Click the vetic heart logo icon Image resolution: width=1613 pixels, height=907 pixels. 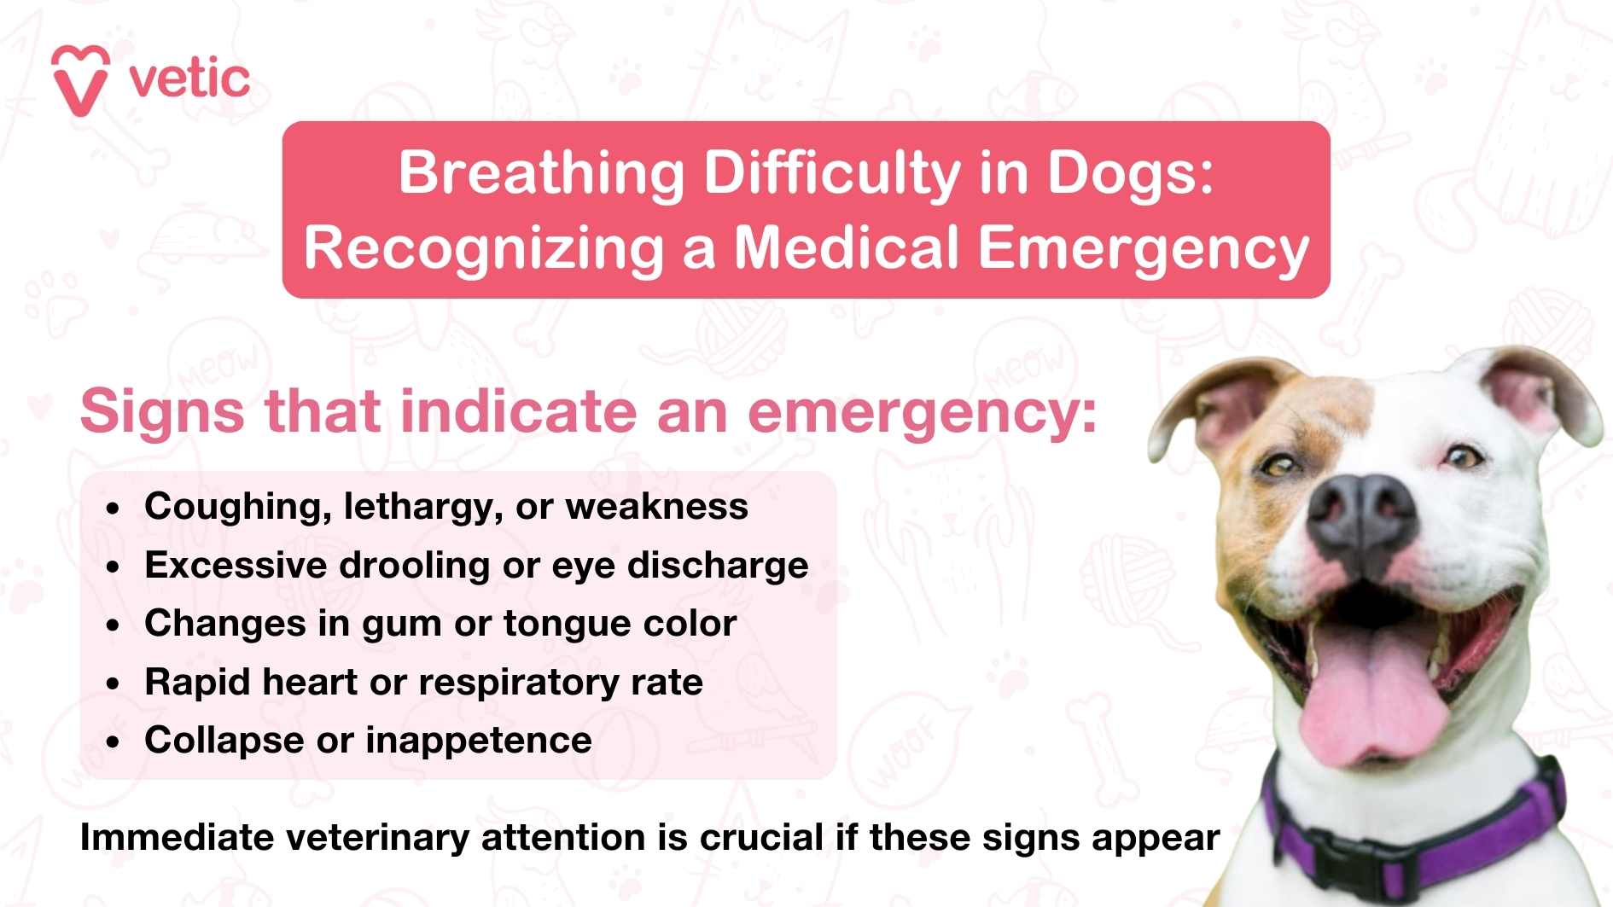(80, 79)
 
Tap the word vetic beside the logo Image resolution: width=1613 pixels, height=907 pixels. (189, 79)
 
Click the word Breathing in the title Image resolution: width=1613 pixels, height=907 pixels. (541, 173)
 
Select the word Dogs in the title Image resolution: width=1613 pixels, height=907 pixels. (1128, 173)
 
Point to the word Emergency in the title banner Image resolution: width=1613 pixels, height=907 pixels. (1143, 248)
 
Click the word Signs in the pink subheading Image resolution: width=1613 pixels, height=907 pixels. (162, 411)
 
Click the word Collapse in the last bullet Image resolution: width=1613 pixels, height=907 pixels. (224, 741)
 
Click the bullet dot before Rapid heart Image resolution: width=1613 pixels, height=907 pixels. (114, 684)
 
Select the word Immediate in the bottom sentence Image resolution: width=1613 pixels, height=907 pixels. (176, 838)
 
